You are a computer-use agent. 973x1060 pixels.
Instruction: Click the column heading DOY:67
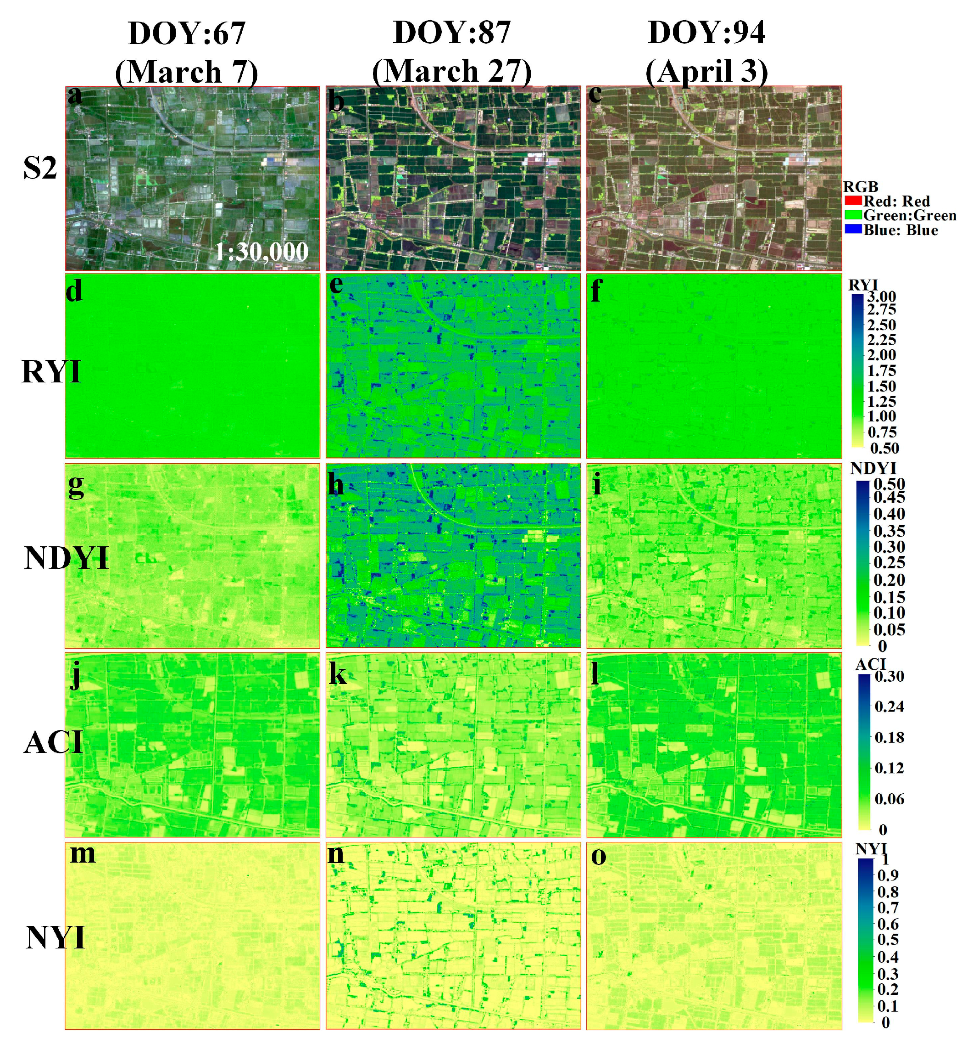[x=186, y=33]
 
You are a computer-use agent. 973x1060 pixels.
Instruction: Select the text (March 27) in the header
[x=452, y=71]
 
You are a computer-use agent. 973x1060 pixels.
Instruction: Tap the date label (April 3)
[x=706, y=71]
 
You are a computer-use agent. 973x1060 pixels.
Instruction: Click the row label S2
[x=40, y=168]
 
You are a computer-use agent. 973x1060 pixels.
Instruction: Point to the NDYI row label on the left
[x=67, y=558]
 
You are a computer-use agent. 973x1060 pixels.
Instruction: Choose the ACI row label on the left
[x=53, y=743]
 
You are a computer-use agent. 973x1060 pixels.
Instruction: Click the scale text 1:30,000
[x=261, y=252]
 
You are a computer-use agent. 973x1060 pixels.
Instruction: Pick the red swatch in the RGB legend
[x=852, y=201]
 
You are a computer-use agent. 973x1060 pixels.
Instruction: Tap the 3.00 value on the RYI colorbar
[x=881, y=297]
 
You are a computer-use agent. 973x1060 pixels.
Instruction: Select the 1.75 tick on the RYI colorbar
[x=881, y=371]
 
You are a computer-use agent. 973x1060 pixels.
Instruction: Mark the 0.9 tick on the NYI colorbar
[x=888, y=875]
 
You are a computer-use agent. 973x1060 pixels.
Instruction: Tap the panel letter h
[x=335, y=484]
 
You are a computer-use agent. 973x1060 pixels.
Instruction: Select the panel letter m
[x=83, y=854]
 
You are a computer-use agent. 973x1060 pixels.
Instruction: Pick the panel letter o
[x=599, y=856]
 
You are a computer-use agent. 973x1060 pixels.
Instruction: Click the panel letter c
[x=595, y=95]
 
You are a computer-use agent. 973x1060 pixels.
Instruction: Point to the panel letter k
[x=338, y=674]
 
